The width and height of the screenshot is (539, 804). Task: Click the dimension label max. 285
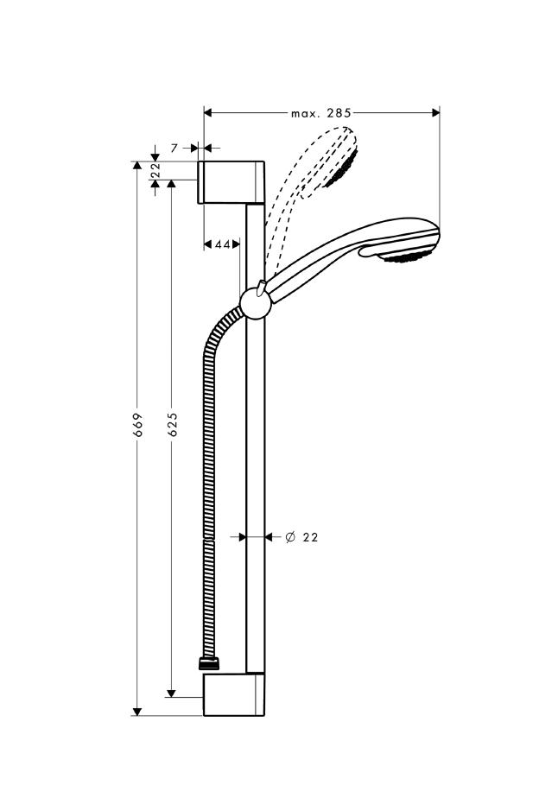pos(320,112)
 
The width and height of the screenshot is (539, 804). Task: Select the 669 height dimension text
pos(137,438)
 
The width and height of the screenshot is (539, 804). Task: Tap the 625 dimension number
pos(173,424)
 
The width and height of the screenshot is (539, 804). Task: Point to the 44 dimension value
pos(222,245)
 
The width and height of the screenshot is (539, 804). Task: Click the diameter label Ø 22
pos(301,537)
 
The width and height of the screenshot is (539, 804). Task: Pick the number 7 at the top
pos(174,149)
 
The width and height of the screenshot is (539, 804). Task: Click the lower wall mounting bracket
pos(235,695)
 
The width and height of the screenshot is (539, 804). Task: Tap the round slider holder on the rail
pos(255,302)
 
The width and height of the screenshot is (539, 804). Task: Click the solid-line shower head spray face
pos(410,256)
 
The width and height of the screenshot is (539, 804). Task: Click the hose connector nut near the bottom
pos(209,664)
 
